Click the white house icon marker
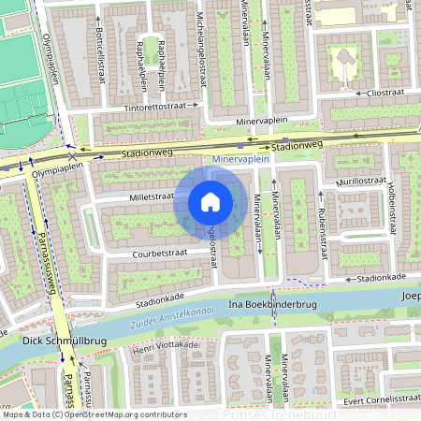(x=210, y=202)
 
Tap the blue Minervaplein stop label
(x=241, y=160)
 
